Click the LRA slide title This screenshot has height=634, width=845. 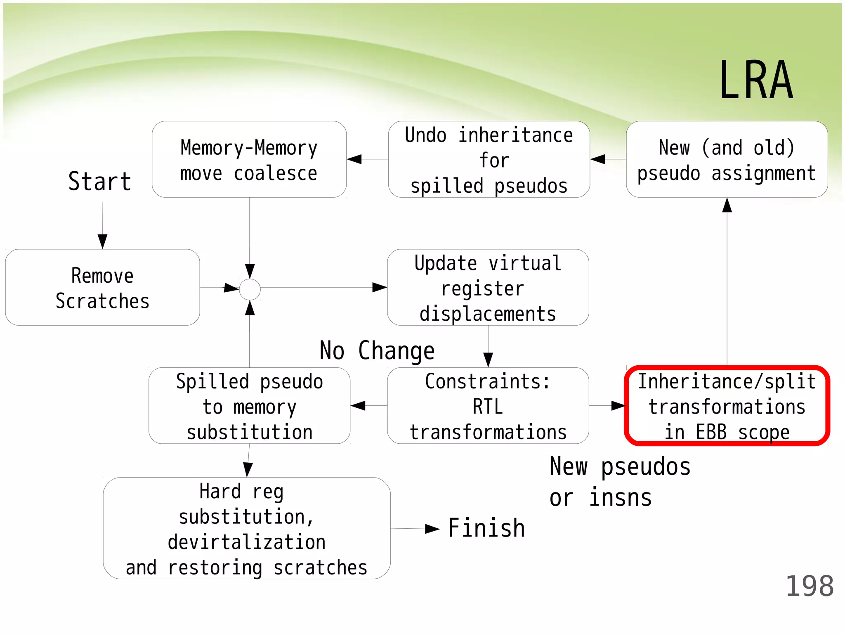pos(756,80)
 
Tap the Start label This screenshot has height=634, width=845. pos(99,181)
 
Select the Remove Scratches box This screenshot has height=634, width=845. pos(102,287)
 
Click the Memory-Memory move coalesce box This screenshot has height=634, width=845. pos(249,159)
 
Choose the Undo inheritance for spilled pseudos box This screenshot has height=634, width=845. pos(489,159)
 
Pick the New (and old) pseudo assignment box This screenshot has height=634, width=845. pos(727,159)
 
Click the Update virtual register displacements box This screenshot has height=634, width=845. pos(488,287)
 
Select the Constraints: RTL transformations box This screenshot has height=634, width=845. pos(488,406)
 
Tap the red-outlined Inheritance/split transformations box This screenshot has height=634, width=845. pos(727,406)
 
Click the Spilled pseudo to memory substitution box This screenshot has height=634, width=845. pos(249,406)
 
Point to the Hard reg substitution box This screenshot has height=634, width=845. pos(246,528)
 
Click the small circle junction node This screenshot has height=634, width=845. pos(250,289)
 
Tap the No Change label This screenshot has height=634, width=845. pos(377,351)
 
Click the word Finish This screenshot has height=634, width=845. pos(486,528)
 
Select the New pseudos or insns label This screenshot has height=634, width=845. pos(620,482)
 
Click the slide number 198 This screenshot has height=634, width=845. pos(809,586)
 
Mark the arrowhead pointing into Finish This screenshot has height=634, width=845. pos(432,529)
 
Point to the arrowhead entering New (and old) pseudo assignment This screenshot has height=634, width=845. pos(727,205)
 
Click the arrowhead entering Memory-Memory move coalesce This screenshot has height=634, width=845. pos(354,159)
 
